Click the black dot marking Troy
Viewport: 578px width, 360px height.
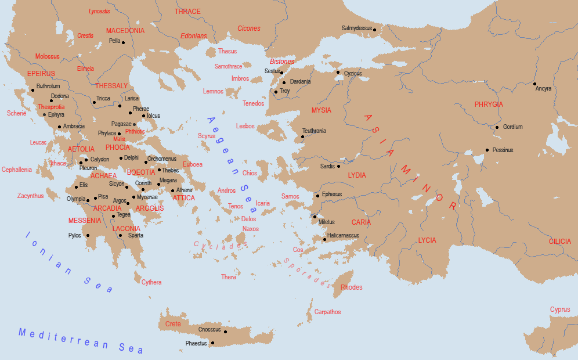pos(276,91)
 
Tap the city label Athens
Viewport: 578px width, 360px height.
pos(184,190)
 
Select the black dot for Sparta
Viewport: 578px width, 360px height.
pos(120,235)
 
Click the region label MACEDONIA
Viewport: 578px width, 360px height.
pos(125,30)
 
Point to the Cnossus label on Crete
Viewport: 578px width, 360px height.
pos(209,329)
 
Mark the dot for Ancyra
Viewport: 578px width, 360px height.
pos(535,84)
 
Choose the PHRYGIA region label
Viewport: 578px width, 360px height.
pos(489,105)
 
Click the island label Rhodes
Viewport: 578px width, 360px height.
pos(351,287)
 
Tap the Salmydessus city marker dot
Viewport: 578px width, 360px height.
pos(375,30)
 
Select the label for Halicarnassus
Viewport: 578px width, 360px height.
pos(344,235)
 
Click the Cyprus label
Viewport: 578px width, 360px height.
pos(560,309)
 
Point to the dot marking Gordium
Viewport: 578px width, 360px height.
pos(497,127)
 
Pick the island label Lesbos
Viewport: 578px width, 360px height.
pos(245,126)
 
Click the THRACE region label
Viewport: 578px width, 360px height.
pos(187,12)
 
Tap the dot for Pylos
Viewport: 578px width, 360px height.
pos(88,235)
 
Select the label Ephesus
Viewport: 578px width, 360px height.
pos(332,194)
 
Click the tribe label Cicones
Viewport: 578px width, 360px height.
pos(249,28)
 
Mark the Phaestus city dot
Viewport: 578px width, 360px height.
pos(213,343)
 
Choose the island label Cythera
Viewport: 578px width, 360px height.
pos(151,282)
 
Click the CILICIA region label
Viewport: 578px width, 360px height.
pos(560,241)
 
